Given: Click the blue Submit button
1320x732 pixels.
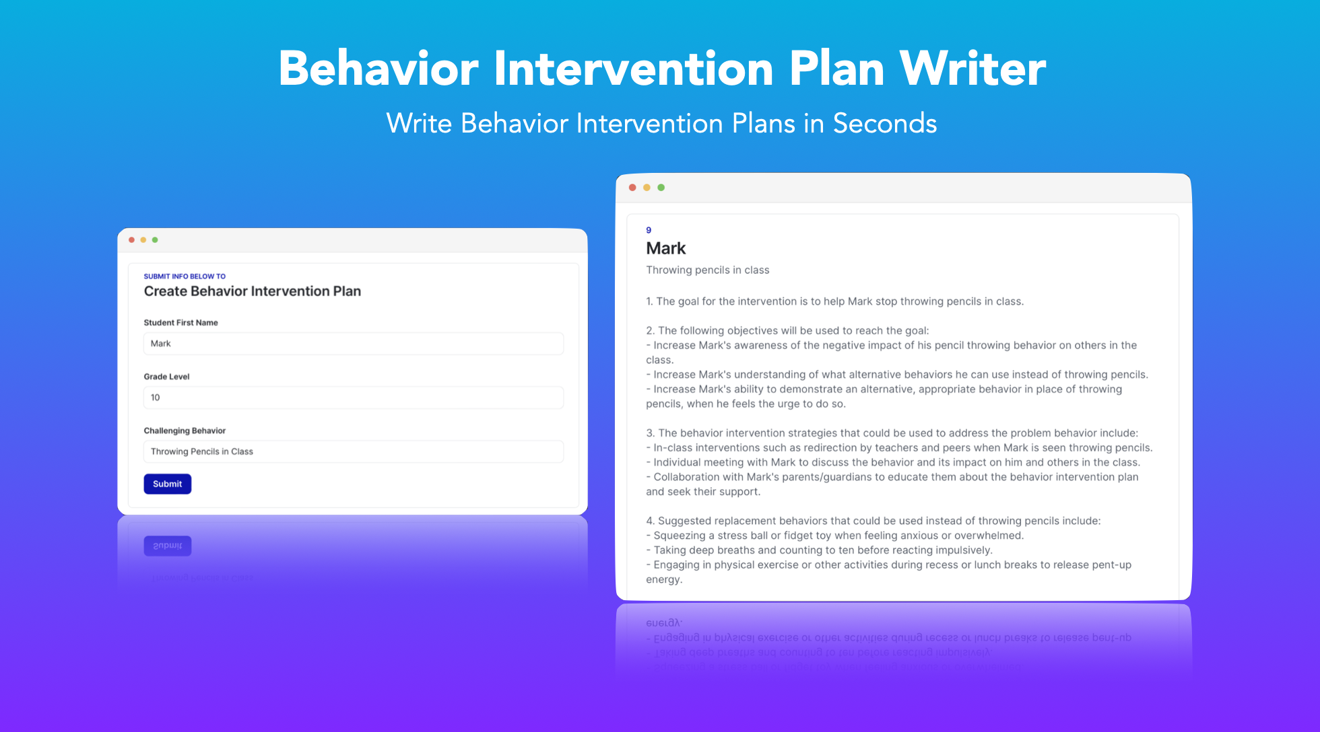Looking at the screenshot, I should click(167, 484).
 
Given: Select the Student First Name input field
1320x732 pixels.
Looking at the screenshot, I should click(353, 344).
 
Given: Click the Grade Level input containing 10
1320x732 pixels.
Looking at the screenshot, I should click(353, 398).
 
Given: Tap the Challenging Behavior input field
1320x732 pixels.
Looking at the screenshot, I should click(353, 451).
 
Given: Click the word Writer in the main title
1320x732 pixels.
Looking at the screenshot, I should click(972, 69).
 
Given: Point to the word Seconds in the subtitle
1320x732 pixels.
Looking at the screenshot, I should click(884, 124).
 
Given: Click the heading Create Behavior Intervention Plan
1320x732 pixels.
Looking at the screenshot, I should click(252, 291).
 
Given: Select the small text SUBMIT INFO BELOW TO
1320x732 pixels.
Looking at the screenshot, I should click(185, 277).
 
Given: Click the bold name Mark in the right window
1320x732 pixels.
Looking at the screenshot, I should click(665, 248).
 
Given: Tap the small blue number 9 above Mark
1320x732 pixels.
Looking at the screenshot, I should click(649, 230).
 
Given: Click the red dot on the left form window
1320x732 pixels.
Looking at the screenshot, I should click(132, 240).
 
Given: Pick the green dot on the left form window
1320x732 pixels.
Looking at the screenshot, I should click(155, 240).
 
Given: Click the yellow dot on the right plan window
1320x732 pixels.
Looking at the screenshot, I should click(647, 188).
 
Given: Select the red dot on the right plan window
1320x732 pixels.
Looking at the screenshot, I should click(632, 188).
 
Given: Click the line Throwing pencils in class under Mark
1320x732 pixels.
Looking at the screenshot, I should click(707, 270).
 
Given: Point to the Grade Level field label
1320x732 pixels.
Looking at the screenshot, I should click(166, 377).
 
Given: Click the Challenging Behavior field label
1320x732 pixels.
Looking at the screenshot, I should click(185, 431).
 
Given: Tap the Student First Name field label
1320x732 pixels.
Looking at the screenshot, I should click(180, 323).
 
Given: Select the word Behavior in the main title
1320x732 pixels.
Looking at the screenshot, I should click(378, 69).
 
